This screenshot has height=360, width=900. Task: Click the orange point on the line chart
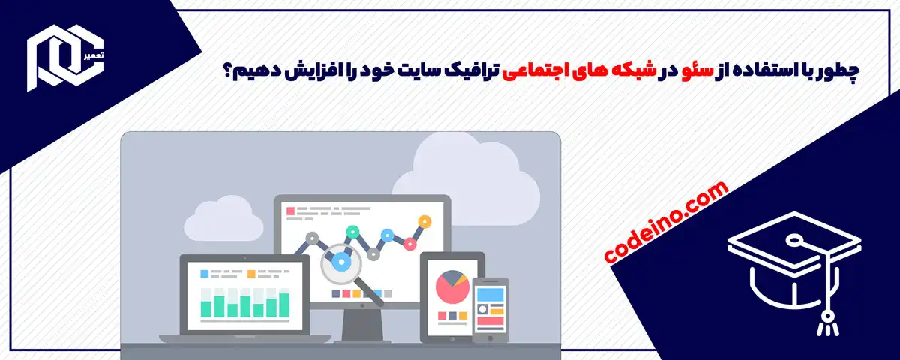(424, 222)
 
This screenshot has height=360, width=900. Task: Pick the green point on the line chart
(351, 231)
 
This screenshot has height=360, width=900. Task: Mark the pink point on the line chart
(409, 243)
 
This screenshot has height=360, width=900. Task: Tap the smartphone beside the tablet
(490, 307)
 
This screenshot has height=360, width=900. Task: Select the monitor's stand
(362, 322)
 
